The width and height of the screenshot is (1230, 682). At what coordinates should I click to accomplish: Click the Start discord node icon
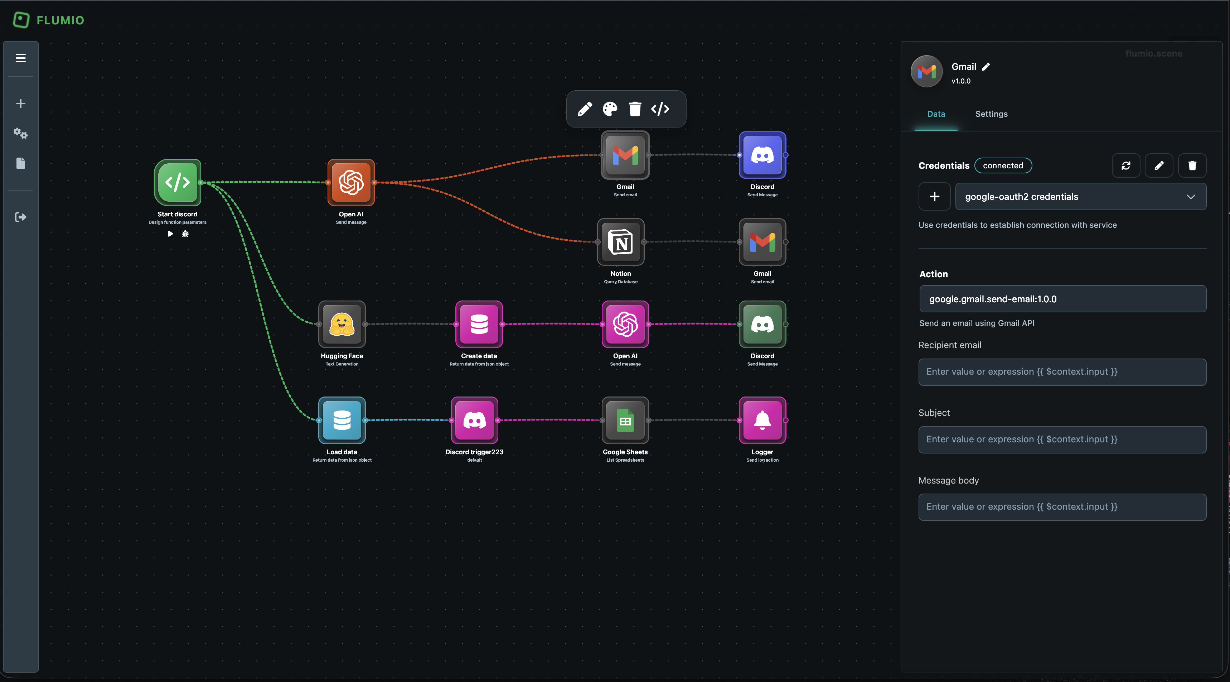pos(177,182)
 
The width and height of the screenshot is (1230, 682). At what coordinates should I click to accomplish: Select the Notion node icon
pos(620,242)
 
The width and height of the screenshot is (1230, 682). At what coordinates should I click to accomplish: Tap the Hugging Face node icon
pos(342,324)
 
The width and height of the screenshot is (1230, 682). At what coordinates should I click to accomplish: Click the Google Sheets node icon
pos(625,420)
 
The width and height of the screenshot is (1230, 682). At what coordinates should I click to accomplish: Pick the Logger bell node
pos(762,420)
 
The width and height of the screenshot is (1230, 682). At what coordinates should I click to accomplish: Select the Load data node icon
pos(342,420)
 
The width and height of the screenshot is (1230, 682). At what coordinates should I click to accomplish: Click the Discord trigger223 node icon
pos(474,420)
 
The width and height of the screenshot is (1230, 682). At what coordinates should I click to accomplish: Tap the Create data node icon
pos(479,324)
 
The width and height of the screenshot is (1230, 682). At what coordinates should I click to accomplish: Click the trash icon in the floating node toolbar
pos(635,109)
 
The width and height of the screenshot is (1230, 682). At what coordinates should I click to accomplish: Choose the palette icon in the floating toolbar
pos(610,109)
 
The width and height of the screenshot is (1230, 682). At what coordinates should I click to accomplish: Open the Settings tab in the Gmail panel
pos(991,114)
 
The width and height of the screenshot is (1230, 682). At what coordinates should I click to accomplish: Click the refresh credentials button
pos(1125,165)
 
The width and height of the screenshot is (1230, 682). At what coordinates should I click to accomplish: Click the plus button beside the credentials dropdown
pos(934,196)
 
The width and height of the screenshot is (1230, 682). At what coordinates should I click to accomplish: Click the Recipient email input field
pos(1062,372)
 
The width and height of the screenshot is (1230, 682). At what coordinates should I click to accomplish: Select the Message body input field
pos(1062,506)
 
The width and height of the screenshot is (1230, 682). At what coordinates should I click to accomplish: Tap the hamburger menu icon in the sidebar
pos(20,58)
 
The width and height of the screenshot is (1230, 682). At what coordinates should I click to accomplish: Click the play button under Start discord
pos(170,234)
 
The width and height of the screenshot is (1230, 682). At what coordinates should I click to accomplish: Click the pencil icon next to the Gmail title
pos(986,67)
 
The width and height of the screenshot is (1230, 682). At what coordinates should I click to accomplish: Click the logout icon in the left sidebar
pos(20,217)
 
